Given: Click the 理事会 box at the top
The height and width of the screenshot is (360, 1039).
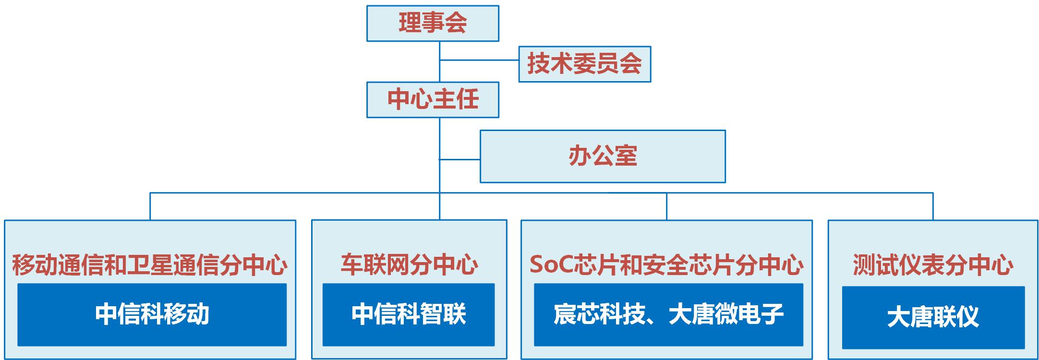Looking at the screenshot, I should pyautogui.click(x=433, y=23).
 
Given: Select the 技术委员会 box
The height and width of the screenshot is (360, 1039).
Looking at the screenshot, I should pyautogui.click(x=584, y=64).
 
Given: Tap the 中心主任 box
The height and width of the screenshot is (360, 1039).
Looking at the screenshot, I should pyautogui.click(x=433, y=99).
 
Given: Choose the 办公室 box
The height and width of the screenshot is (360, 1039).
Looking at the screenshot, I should pyautogui.click(x=603, y=156).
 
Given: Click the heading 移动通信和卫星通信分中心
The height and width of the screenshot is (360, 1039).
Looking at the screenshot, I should pyautogui.click(x=150, y=264).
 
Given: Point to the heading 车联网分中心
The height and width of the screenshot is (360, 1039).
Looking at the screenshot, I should pyautogui.click(x=409, y=264).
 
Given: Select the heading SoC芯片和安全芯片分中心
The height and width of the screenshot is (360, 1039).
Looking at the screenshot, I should pyautogui.click(x=666, y=264).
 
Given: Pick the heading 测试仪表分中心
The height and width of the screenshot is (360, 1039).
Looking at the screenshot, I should pyautogui.click(x=933, y=264).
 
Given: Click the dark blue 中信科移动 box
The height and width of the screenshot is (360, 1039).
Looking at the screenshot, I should pyautogui.click(x=152, y=314).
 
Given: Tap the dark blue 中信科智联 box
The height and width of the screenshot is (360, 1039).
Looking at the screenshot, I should pyautogui.click(x=409, y=314).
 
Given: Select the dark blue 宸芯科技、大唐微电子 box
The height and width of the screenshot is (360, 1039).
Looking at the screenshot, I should pyautogui.click(x=668, y=314).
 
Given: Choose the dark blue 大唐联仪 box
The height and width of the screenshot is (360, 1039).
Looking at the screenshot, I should pyautogui.click(x=933, y=317).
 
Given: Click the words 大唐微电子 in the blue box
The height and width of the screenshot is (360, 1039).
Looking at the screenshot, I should pyautogui.click(x=725, y=314).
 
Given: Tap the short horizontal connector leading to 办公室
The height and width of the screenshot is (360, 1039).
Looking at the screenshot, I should pyautogui.click(x=459, y=159).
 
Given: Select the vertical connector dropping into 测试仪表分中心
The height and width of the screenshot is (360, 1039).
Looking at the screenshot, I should pyautogui.click(x=933, y=206).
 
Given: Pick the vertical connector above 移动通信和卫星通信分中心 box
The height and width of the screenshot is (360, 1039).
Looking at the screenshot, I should pyautogui.click(x=150, y=206).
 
